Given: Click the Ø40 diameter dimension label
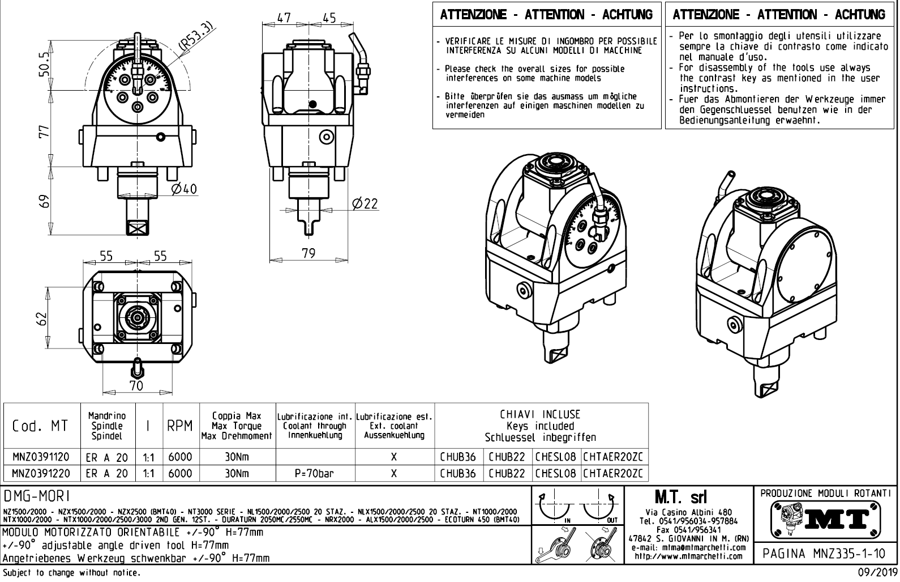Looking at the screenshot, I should pos(185,189).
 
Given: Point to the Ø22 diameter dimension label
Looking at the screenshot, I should pos(365,204).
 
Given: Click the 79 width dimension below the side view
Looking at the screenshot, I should pos(308,253).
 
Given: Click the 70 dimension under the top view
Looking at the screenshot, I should pos(136,386).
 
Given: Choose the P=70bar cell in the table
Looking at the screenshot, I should pos(314,473).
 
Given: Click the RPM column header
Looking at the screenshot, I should pos(180,426).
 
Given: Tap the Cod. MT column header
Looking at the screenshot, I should pos(40,426).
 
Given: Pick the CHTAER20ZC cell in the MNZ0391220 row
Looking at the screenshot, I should pos(614,473).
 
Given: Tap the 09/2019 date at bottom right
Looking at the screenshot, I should pos(875,572).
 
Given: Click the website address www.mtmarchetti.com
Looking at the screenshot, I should pos(688,556).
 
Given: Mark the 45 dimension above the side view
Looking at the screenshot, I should pos(329,18).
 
